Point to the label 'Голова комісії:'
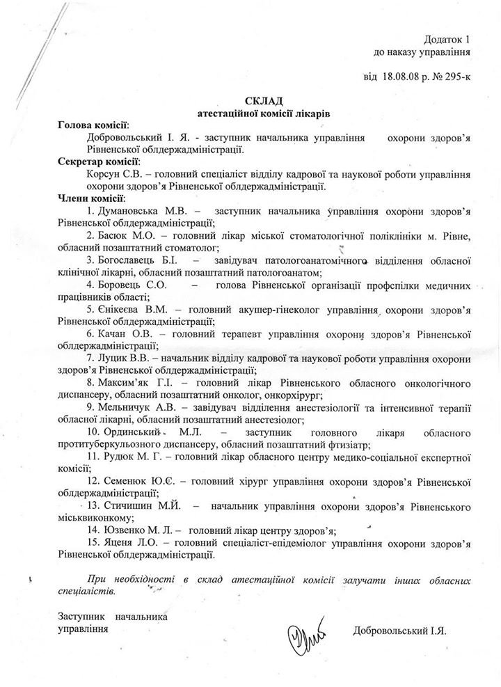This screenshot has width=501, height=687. (x=93, y=125)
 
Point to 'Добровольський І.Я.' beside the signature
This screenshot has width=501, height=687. (x=399, y=630)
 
